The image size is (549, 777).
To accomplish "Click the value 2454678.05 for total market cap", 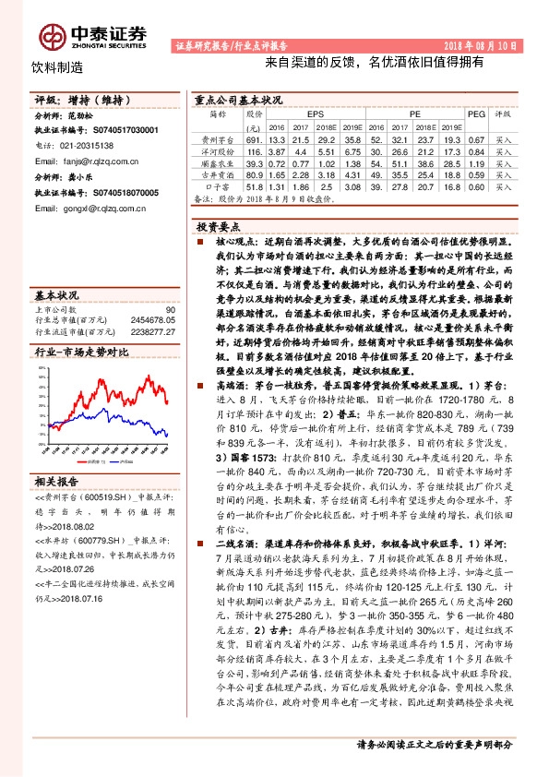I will coord(153,320).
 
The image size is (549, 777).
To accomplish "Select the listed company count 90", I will coord(169,310).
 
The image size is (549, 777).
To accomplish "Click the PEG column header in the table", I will coord(476,114).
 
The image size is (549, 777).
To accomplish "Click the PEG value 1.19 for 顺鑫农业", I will coord(476,161).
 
